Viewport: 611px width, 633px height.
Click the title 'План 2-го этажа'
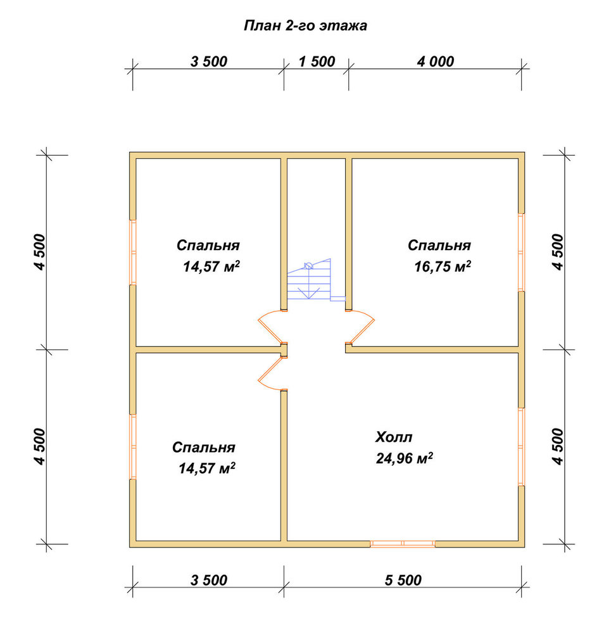coord(305,26)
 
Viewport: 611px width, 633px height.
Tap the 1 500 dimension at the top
coord(317,62)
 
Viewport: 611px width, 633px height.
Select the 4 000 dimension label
coord(436,62)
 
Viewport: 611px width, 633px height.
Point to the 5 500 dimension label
coord(403,580)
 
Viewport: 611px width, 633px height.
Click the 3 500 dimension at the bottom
coord(209,580)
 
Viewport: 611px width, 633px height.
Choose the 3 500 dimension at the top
coord(209,62)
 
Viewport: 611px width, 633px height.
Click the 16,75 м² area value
coord(443,266)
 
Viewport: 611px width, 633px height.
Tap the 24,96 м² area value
coord(404,458)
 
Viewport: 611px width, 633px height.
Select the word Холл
coord(394,437)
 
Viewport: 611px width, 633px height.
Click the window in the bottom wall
coord(403,544)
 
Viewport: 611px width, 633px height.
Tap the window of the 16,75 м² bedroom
coord(521,252)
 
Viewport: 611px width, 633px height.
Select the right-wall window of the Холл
coord(521,446)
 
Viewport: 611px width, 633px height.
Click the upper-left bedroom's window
coord(133,253)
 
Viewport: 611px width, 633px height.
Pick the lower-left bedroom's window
coord(133,446)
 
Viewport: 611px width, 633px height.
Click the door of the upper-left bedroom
coord(270,327)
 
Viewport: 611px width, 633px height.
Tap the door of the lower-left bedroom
coord(270,373)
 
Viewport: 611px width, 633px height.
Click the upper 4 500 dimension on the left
coord(41,252)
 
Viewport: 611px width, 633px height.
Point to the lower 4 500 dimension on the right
coord(557,446)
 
